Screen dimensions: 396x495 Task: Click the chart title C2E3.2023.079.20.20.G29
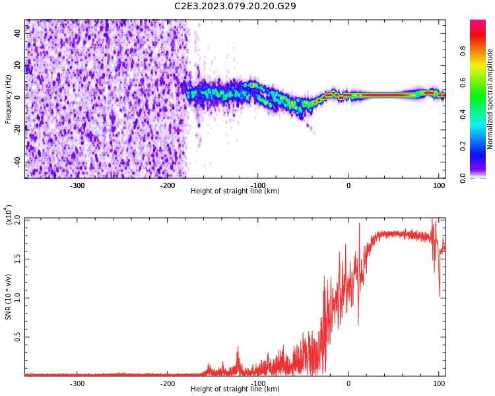pos(235,6)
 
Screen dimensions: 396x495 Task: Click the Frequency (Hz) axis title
pos(9,99)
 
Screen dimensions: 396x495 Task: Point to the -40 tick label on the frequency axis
pos(17,162)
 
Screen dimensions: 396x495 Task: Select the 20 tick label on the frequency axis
pos(18,65)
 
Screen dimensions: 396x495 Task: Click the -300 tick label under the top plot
pos(77,185)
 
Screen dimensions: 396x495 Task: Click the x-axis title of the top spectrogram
pos(235,191)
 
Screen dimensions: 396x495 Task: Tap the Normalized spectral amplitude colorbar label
pos(490,99)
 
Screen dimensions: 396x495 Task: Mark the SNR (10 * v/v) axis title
pos(9,296)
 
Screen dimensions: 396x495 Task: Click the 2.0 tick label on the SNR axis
pos(18,219)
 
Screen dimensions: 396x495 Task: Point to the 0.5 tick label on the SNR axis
pos(18,337)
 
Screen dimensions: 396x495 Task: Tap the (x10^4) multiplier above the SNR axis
pos(9,214)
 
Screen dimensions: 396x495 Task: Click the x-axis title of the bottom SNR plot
pos(235,389)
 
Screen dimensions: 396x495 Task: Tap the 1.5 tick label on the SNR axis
pos(18,259)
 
